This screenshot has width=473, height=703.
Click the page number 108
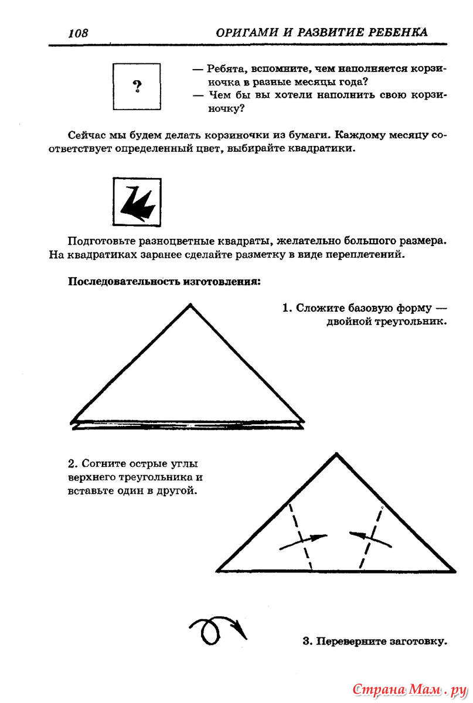point(77,33)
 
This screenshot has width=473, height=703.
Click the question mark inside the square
point(137,87)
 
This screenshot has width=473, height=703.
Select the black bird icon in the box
point(137,203)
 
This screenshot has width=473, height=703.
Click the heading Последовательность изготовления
point(165,282)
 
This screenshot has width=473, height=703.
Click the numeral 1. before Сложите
point(287,308)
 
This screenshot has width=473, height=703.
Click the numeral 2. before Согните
point(72,464)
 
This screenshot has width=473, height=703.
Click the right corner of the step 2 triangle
point(454,570)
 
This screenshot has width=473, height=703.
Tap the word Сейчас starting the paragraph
point(86,135)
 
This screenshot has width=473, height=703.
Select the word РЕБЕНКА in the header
point(396,32)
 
